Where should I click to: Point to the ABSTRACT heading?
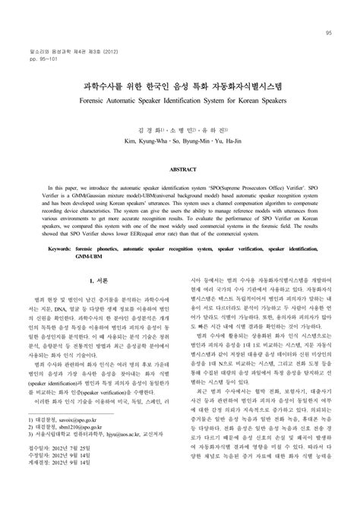[x=179, y=171]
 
